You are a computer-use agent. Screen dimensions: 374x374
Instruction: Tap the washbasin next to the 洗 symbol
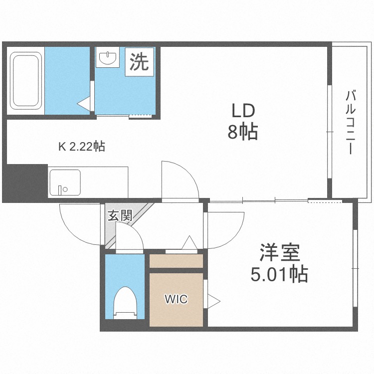tap(108, 58)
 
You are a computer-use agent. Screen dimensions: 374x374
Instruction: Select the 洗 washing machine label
tap(139, 62)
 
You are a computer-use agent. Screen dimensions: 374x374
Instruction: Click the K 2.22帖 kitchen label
tap(81, 147)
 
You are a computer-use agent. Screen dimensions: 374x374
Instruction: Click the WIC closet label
tap(176, 299)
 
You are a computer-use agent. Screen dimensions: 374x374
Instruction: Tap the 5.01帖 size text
tap(279, 274)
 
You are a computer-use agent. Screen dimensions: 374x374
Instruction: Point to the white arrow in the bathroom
tap(84, 103)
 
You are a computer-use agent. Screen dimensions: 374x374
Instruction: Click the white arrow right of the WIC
tap(214, 301)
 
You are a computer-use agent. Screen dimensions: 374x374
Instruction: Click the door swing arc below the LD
tap(182, 181)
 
